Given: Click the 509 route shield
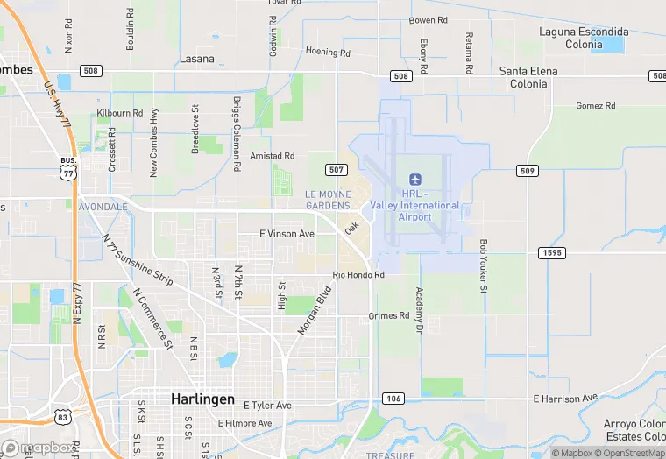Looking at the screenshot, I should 527,171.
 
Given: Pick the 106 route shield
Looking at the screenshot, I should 392,399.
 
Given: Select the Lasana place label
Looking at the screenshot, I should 196,59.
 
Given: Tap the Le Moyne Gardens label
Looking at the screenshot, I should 328,199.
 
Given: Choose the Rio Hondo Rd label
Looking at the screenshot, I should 358,275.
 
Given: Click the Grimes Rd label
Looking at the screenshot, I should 389,315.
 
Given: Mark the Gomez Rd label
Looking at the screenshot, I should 596,106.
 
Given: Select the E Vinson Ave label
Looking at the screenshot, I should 287,234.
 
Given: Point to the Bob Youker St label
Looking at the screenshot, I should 483,265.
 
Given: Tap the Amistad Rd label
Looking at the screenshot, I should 273,155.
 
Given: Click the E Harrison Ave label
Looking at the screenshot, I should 569,399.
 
